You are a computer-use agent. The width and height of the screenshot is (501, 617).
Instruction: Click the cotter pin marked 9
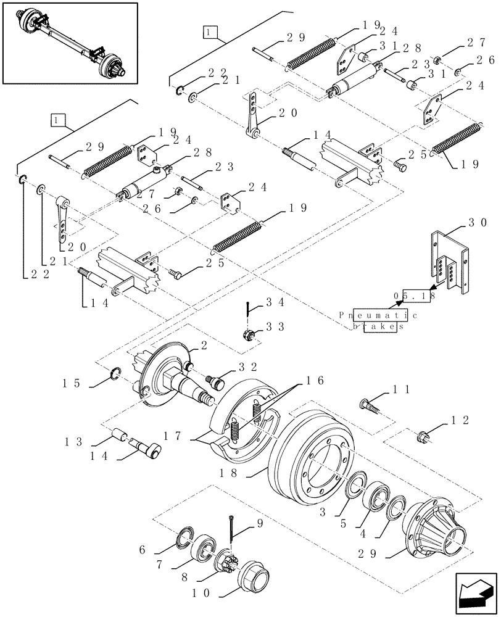coord(231,527)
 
